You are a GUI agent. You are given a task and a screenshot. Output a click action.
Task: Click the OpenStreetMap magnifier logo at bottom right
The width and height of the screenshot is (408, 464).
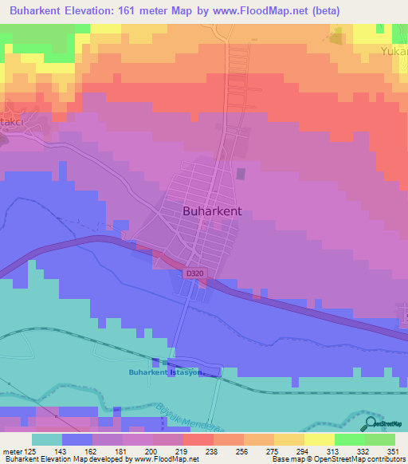[370, 424]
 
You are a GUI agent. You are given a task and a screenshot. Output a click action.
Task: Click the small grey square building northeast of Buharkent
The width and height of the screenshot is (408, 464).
[241, 173]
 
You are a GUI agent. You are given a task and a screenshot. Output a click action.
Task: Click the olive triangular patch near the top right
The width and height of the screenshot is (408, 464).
[337, 37]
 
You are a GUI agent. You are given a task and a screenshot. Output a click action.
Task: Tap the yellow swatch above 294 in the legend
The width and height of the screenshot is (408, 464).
[319, 438]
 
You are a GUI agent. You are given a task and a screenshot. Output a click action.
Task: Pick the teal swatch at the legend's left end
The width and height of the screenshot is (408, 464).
[47, 438]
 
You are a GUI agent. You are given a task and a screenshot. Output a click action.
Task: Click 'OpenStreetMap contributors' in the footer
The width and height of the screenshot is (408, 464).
[365, 459]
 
